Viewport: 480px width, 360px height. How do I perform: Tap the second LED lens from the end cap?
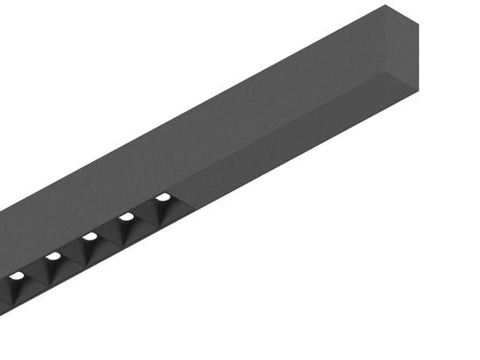(127, 217)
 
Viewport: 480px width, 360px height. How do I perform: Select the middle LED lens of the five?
(89, 236)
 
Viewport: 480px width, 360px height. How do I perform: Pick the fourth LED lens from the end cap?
(53, 256)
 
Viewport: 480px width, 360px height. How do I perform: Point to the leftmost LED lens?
(16, 276)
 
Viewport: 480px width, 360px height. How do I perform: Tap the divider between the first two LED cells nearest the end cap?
(146, 215)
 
